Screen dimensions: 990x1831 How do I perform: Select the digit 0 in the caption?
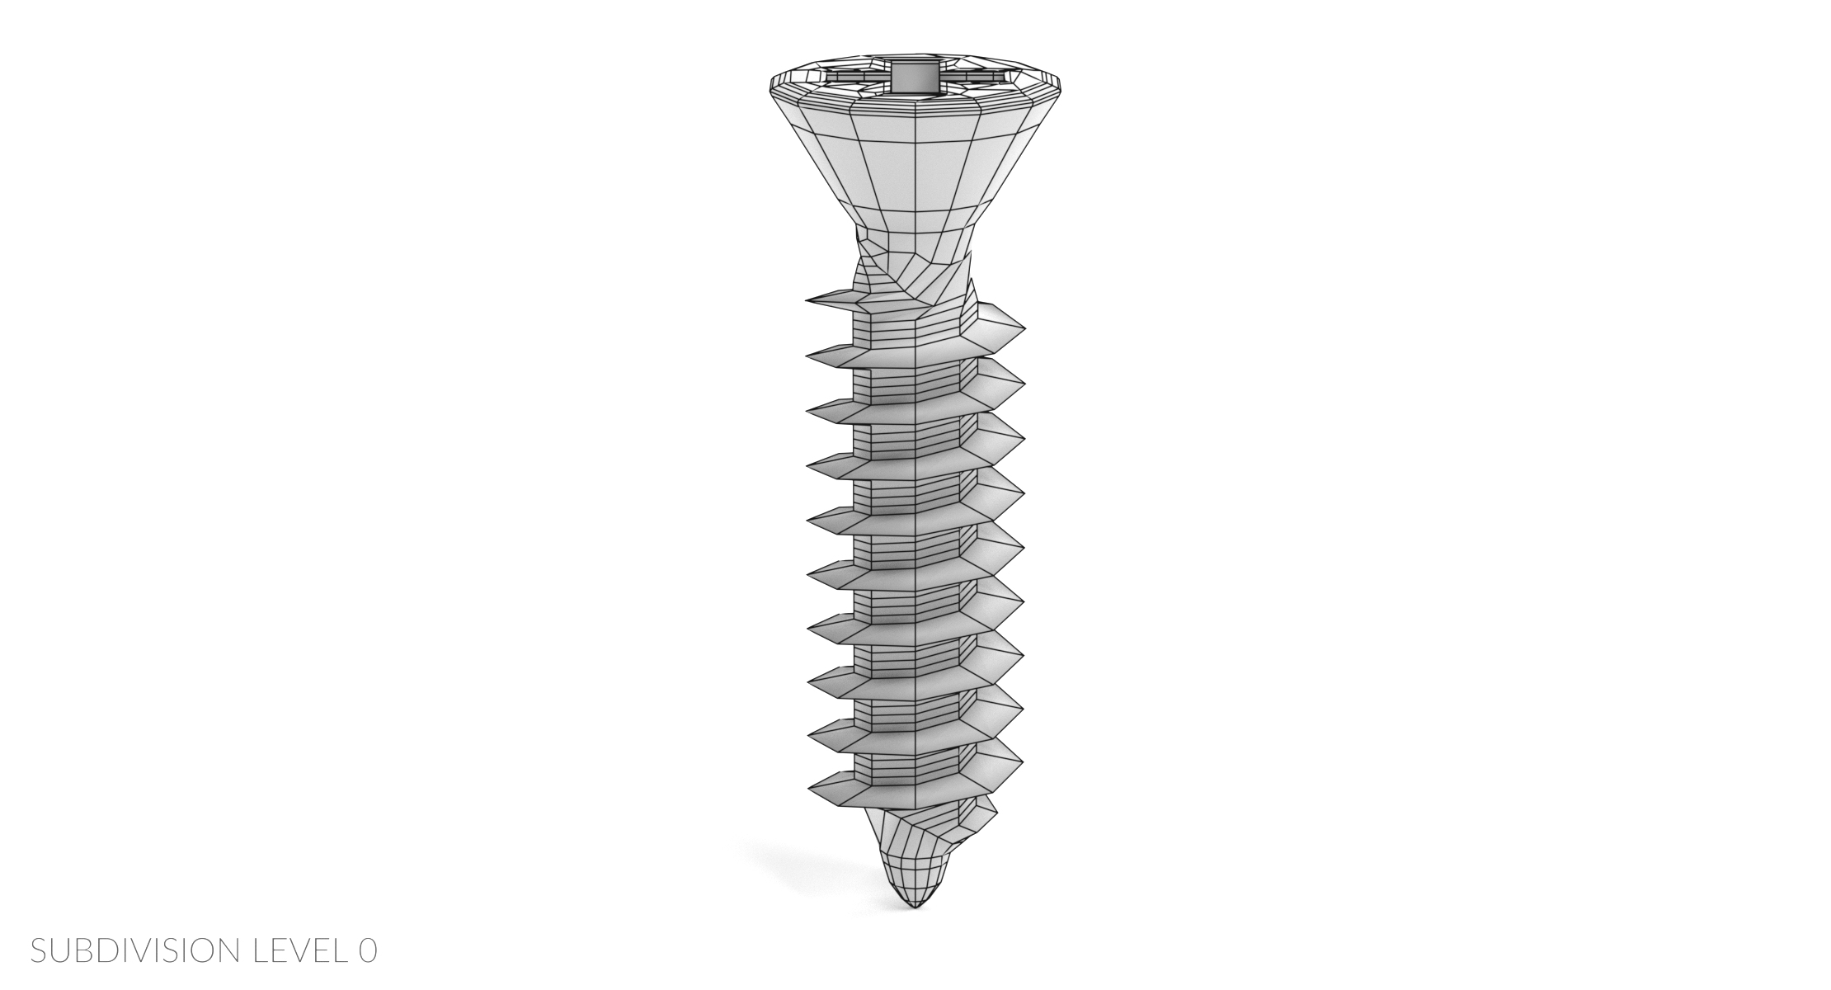pyautogui.click(x=368, y=950)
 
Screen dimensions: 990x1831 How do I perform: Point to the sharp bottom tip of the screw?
pyautogui.click(x=914, y=908)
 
